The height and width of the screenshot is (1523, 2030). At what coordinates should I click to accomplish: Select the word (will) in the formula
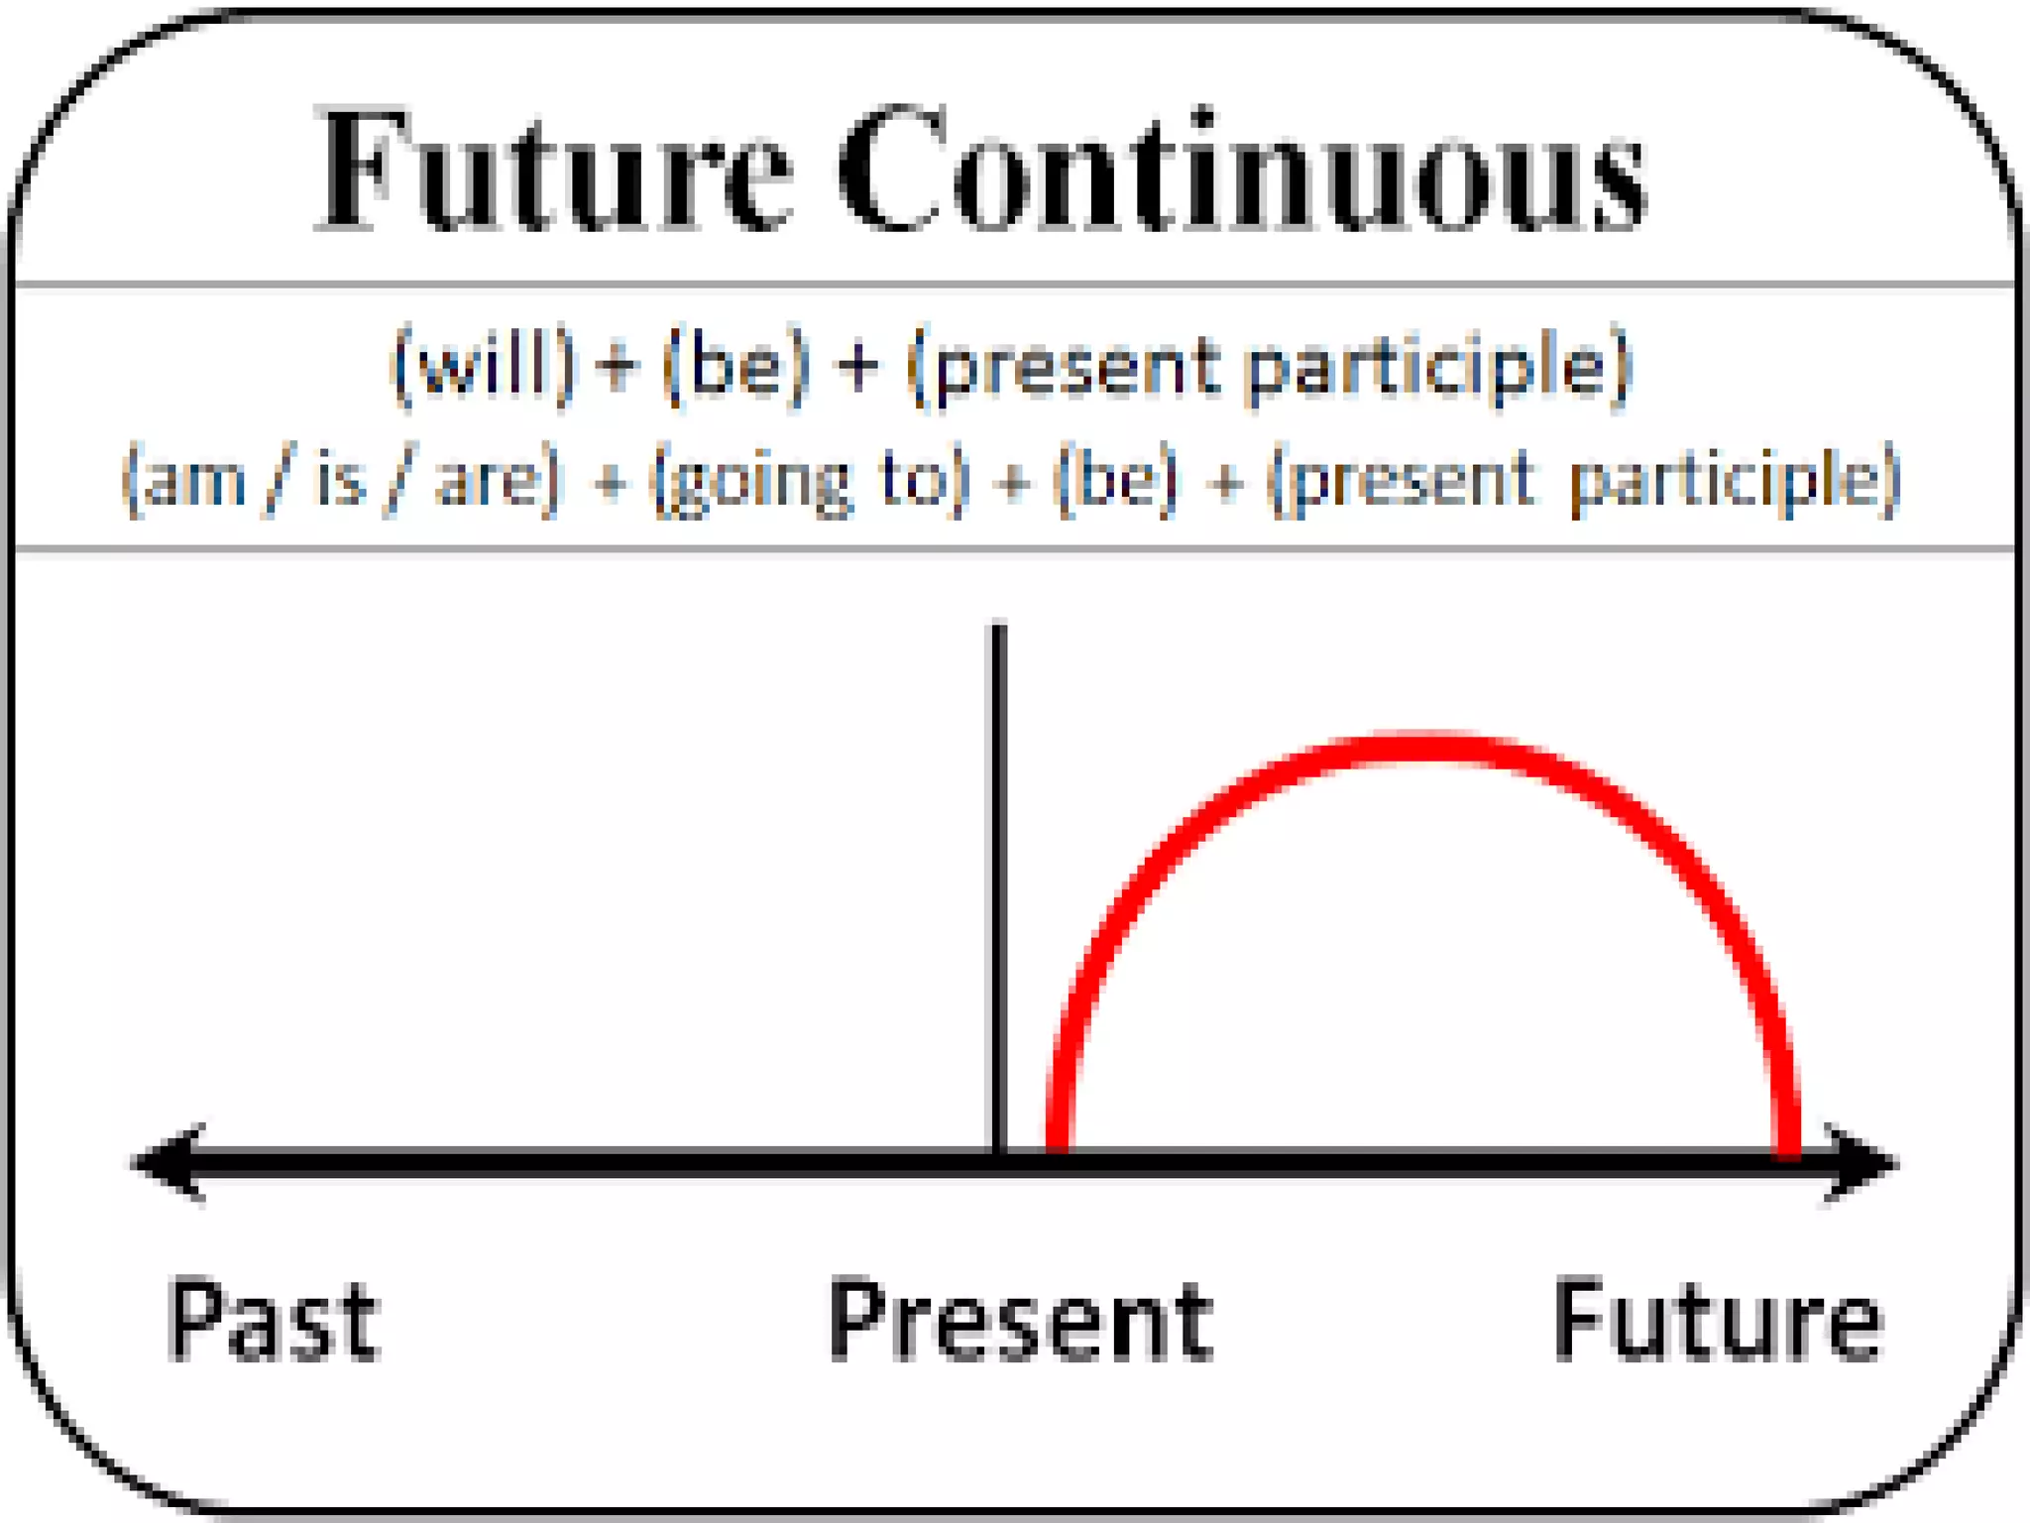click(x=483, y=366)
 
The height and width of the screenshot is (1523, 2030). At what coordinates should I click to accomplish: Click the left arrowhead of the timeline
click(x=164, y=1162)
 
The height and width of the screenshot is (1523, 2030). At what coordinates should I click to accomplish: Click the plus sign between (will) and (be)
click(x=618, y=366)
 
